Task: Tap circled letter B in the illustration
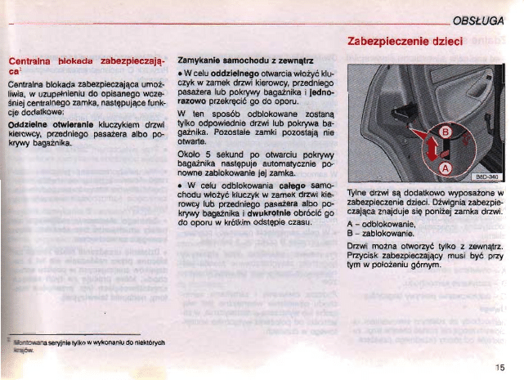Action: [x=446, y=133]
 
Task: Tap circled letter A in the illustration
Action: [x=446, y=167]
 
